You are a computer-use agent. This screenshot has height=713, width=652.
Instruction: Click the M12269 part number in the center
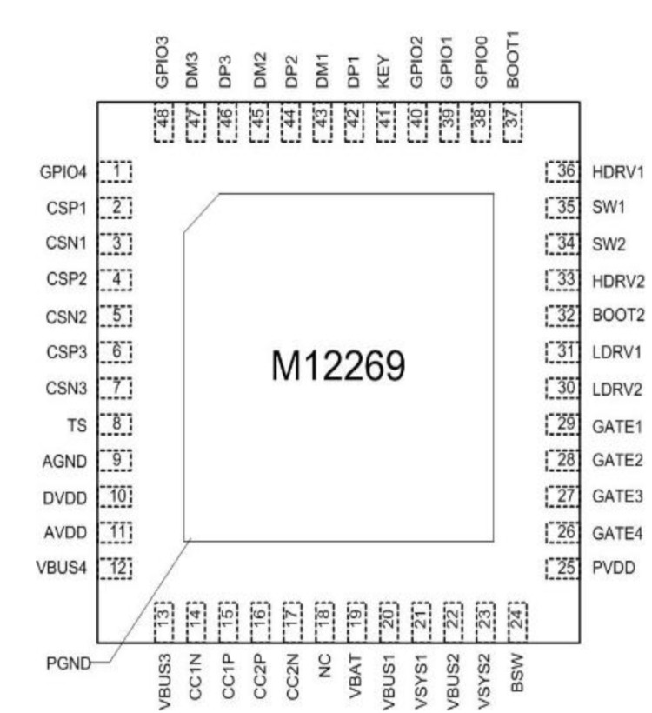338,365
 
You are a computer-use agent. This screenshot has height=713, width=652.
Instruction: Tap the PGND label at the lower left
69,663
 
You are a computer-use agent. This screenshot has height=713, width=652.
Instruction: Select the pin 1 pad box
116,172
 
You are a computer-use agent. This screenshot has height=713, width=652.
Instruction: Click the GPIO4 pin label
63,172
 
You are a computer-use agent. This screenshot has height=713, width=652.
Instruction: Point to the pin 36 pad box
562,171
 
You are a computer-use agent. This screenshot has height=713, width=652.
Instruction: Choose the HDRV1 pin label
618,172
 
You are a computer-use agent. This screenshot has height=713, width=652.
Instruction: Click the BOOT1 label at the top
512,60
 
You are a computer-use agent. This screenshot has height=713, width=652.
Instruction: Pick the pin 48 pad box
163,123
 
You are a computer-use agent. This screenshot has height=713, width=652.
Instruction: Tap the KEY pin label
383,71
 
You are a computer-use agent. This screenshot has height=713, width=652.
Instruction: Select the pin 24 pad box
517,622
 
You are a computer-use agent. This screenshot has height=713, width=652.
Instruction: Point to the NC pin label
323,666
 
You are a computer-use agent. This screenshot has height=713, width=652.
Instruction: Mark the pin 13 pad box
163,622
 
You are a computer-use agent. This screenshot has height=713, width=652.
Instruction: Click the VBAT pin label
356,676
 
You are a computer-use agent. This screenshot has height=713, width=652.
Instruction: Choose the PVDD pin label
614,568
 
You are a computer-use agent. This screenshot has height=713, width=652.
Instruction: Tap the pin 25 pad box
562,568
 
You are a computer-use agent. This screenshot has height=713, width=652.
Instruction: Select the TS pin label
77,425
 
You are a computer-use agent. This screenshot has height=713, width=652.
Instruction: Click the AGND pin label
64,462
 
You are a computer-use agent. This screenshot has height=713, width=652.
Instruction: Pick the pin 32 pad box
562,316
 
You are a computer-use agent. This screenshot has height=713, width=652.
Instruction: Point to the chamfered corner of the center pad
202,213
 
